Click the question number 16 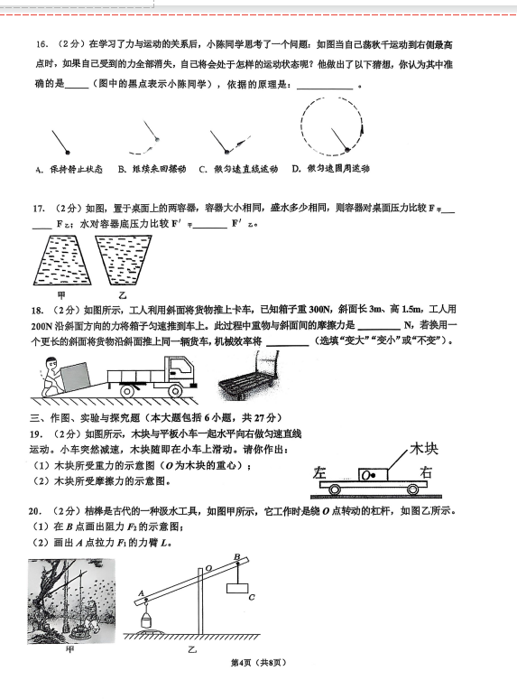pyautogui.click(x=42, y=44)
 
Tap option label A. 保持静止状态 pyautogui.click(x=69, y=170)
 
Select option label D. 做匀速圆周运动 pyautogui.click(x=331, y=169)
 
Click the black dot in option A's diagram pyautogui.click(x=68, y=153)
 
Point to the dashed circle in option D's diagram pyautogui.click(x=301, y=126)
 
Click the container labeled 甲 pyautogui.click(x=62, y=260)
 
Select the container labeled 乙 pyautogui.click(x=124, y=260)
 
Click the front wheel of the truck pyautogui.click(x=175, y=391)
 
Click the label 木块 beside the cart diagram pyautogui.click(x=423, y=449)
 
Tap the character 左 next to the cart pyautogui.click(x=319, y=472)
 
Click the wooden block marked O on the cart pyautogui.click(x=373, y=474)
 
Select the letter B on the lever pyautogui.click(x=237, y=556)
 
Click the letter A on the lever pyautogui.click(x=141, y=593)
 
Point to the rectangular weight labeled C pyautogui.click(x=237, y=588)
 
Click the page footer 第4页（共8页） pyautogui.click(x=258, y=663)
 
